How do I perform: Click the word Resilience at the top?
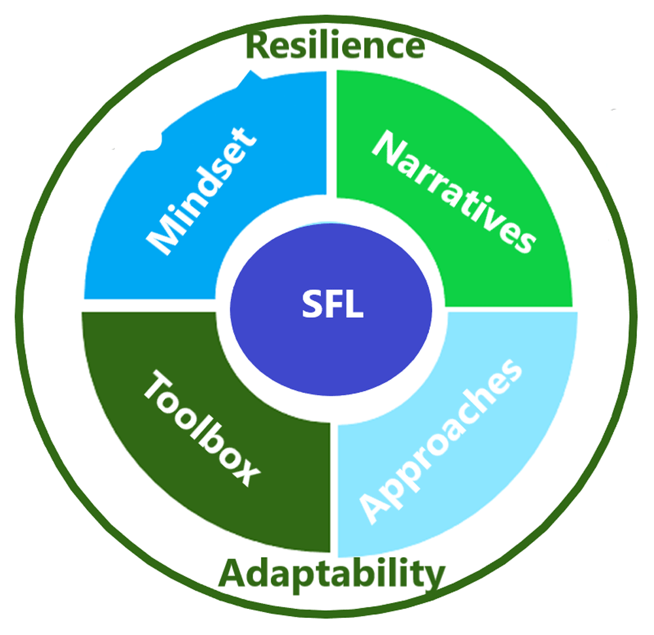pos(336,45)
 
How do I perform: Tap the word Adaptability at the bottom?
pos(332,575)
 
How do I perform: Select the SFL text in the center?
pos(332,304)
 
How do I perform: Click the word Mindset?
pos(201,190)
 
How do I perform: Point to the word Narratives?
pos(455,192)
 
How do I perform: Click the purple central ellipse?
pos(331,309)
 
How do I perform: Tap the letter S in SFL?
pos(311,304)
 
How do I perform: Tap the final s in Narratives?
pos(525,242)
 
